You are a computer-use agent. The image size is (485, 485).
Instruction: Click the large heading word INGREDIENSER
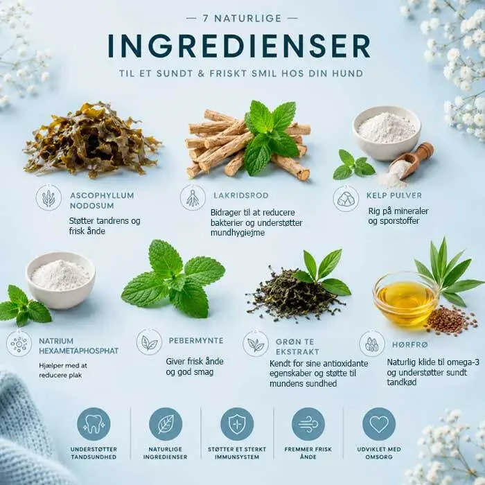pos(239,46)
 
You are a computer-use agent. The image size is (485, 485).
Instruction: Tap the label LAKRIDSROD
pos(241,195)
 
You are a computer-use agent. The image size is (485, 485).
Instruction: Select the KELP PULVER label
pos(394,195)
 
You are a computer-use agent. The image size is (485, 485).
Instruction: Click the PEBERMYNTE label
pos(196,341)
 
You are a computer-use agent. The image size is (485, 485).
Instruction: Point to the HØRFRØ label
pos(410,344)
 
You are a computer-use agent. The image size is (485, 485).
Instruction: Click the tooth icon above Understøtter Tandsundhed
pos(94,424)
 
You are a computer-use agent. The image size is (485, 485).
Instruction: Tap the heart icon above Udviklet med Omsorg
pos(379,424)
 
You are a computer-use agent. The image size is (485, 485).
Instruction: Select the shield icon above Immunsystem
pos(237,424)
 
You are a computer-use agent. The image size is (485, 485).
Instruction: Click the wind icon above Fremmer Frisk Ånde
pos(308,424)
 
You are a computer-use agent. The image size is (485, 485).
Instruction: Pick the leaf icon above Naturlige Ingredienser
pos(166,424)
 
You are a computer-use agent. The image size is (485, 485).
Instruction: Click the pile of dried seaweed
pos(91,139)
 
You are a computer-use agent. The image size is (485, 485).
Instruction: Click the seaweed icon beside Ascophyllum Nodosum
pos(48,197)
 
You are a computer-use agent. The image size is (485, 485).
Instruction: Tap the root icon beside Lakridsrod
pos(193,197)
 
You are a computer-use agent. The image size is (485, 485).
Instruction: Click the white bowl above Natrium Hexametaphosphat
pos(61,280)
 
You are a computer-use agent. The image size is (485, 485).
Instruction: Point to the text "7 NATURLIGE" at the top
pos(242,18)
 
